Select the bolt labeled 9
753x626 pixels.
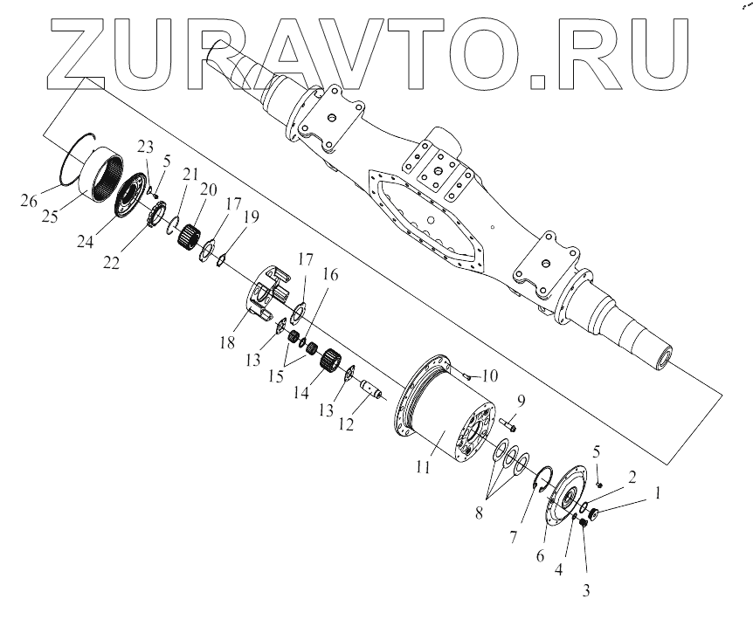(x=509, y=427)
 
